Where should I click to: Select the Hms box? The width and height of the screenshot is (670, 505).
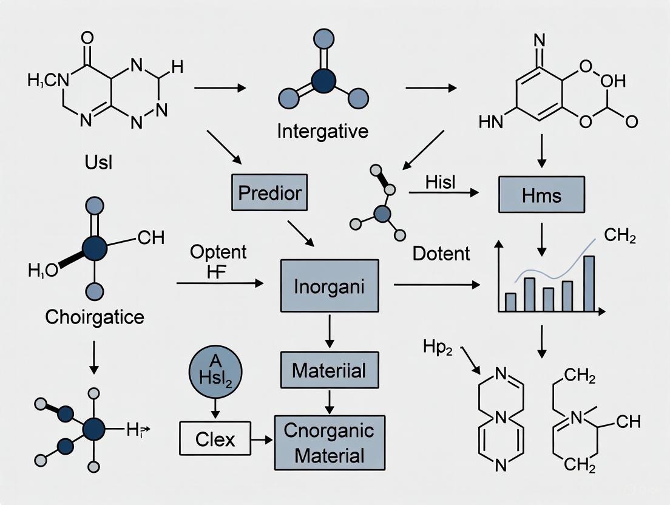pyautogui.click(x=541, y=194)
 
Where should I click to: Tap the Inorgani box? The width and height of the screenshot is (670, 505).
pyautogui.click(x=329, y=286)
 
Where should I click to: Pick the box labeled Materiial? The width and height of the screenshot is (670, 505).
pyautogui.click(x=329, y=370)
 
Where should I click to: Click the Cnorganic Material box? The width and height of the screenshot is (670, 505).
pyautogui.click(x=330, y=442)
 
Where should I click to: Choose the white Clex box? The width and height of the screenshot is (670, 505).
pyautogui.click(x=215, y=439)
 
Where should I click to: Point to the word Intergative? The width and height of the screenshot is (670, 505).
pyautogui.click(x=322, y=130)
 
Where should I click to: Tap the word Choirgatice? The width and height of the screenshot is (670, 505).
pyautogui.click(x=95, y=317)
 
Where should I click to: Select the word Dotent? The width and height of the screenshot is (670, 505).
pyautogui.click(x=441, y=253)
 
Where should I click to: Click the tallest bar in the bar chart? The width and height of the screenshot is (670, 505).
pyautogui.click(x=589, y=283)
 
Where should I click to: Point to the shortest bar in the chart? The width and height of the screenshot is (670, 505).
pyautogui.click(x=510, y=302)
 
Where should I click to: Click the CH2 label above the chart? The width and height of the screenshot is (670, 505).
pyautogui.click(x=620, y=236)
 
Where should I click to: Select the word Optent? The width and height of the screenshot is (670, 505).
pyautogui.click(x=218, y=251)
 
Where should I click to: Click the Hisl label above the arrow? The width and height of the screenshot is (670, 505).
pyautogui.click(x=441, y=181)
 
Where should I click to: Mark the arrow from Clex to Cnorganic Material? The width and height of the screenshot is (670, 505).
pyautogui.click(x=263, y=439)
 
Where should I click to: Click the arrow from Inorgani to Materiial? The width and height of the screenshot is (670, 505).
pyautogui.click(x=329, y=330)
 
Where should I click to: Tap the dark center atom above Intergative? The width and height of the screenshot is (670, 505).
pyautogui.click(x=323, y=80)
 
